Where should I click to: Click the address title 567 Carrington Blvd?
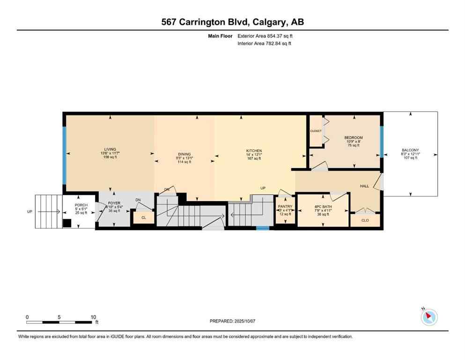(232, 22)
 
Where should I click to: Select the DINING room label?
(184, 154)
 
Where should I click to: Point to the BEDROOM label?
(353, 138)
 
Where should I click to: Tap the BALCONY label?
(410, 150)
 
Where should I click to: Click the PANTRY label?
(285, 206)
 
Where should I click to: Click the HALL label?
(364, 186)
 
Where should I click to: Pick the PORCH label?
(81, 205)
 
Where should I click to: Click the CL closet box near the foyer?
(144, 217)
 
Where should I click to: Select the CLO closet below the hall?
(365, 220)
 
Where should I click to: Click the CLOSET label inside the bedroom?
(316, 131)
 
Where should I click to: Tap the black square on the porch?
(67, 223)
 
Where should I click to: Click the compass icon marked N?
(429, 317)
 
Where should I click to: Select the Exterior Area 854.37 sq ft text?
(265, 36)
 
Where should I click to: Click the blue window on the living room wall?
(65, 155)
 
